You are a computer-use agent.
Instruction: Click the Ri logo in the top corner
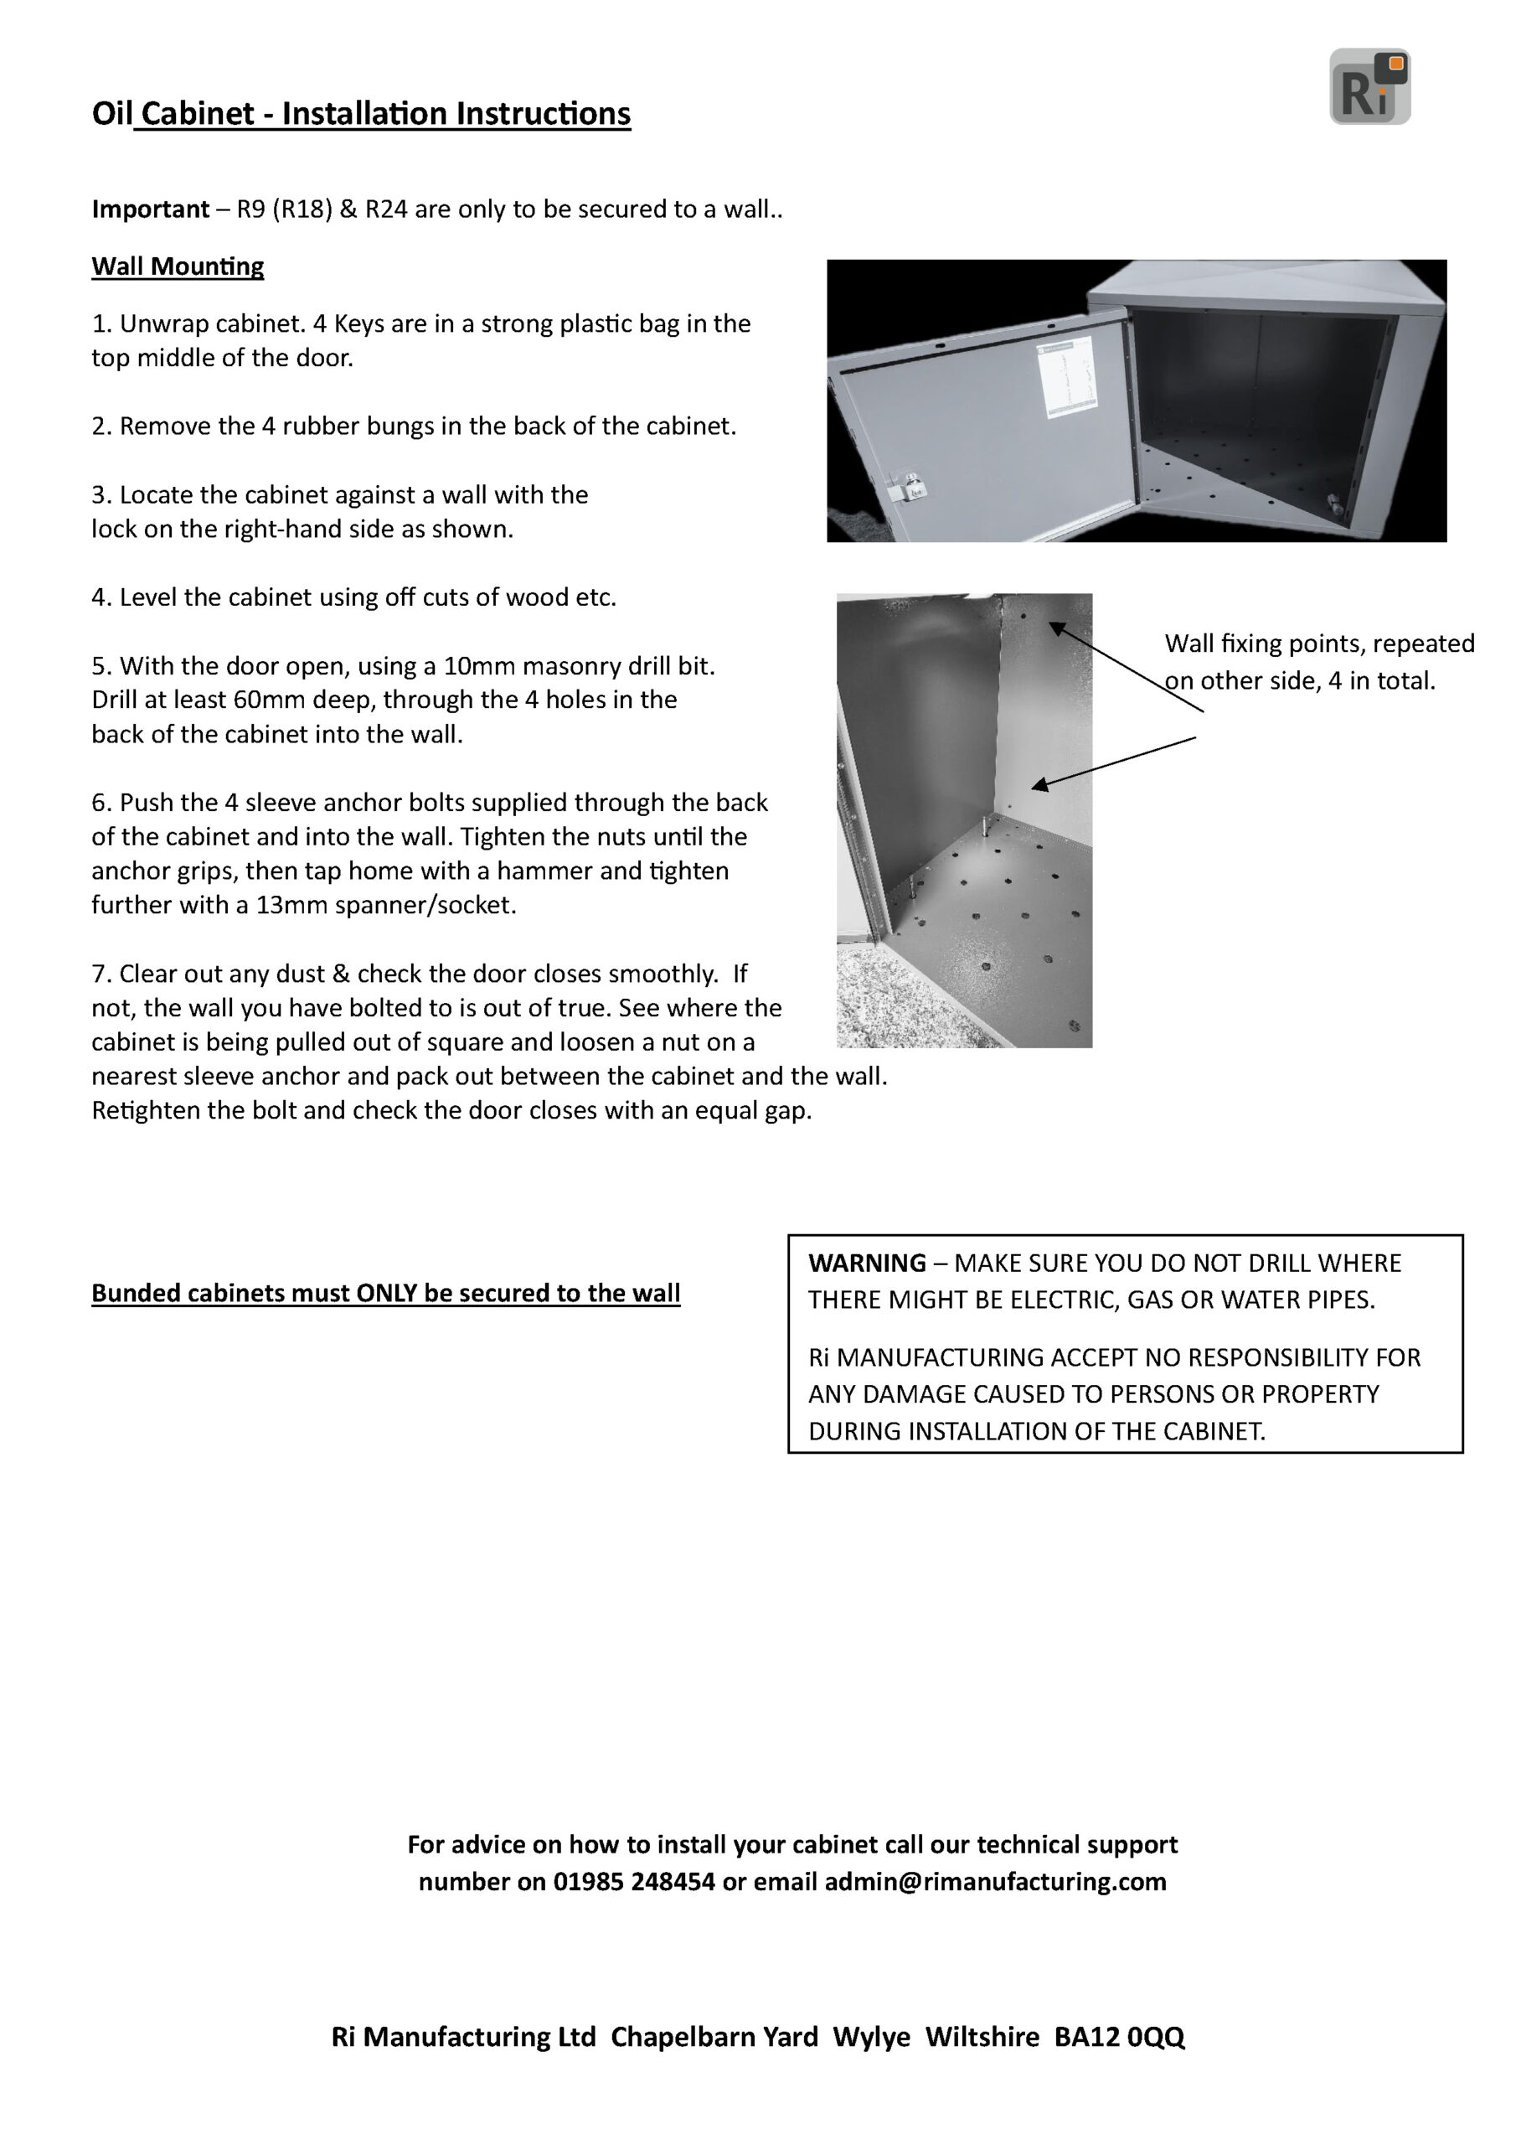pos(1369,87)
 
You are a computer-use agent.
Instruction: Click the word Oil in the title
pos(112,114)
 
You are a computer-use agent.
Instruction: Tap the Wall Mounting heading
pos(178,266)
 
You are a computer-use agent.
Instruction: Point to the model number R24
pos(386,209)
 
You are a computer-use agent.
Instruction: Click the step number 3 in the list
pos(98,494)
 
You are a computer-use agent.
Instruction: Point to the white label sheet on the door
pos(1065,377)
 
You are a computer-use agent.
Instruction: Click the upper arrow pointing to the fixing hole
pos(1126,668)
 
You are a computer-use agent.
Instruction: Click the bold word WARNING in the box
pos(867,1263)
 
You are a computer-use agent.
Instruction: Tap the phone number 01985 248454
pos(633,1882)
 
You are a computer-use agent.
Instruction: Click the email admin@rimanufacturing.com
pos(995,1882)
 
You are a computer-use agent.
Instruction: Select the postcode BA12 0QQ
pos(1119,2037)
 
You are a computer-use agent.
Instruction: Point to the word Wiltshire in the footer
pos(982,2037)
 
